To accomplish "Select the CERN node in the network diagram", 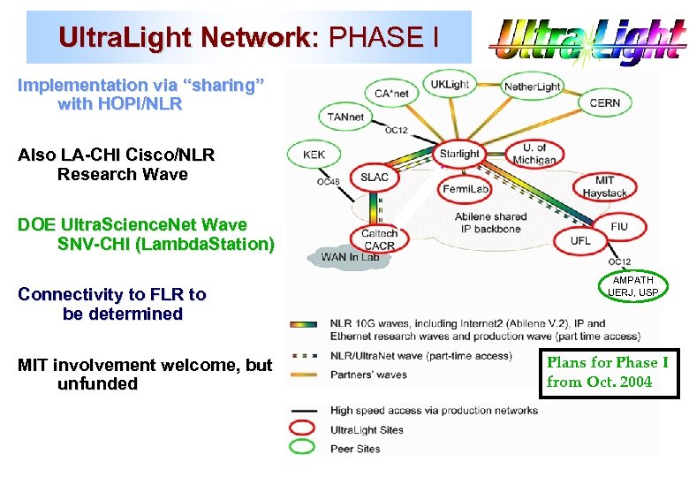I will (x=605, y=102).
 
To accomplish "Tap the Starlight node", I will (x=459, y=154).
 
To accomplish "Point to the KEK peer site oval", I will (x=314, y=155).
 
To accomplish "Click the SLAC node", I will (x=375, y=178).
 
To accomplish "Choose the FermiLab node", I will (x=466, y=189).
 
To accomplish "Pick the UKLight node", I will (x=450, y=85).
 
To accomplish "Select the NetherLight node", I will (x=532, y=87).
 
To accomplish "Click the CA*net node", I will (x=390, y=93).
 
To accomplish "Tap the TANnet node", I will (x=345, y=117).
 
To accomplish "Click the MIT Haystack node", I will (x=604, y=186).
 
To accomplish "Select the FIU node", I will (x=619, y=227).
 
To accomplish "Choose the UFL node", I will (x=580, y=240).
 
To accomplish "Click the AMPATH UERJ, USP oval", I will (x=634, y=285).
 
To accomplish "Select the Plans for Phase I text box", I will (x=608, y=372).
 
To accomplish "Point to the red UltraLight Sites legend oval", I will (x=301, y=429).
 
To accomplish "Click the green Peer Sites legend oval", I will (x=301, y=448).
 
